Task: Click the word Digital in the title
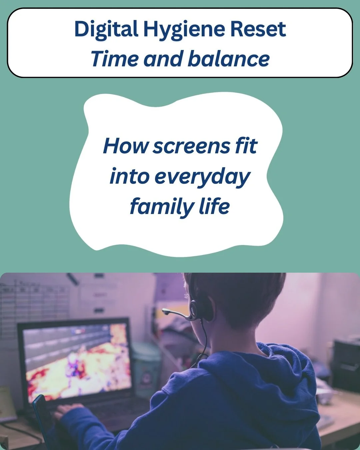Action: click(106, 29)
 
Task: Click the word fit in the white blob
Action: click(246, 146)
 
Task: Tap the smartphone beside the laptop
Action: click(41, 413)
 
